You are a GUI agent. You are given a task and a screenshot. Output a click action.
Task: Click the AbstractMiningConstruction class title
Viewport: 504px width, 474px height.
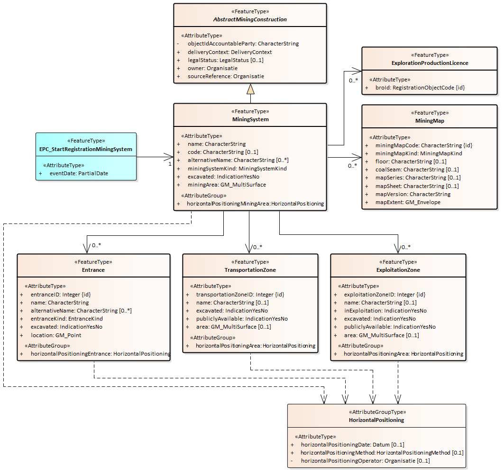250,19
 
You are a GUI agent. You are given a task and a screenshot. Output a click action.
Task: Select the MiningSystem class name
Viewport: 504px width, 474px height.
250,119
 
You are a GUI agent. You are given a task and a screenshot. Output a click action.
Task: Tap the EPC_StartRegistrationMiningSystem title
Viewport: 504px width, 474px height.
86,149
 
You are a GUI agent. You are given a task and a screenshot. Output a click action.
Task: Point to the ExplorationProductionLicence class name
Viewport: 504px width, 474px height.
430,63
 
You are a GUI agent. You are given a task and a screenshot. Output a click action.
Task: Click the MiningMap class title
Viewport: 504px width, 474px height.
430,121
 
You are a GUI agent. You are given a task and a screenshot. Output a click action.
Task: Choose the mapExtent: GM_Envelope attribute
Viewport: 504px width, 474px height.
408,202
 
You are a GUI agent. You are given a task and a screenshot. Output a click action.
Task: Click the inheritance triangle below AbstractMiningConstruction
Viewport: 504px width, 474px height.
250,89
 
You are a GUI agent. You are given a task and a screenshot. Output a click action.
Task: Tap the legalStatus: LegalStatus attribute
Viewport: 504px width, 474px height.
225,60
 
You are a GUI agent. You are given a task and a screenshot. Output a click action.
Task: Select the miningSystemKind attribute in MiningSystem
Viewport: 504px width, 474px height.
237,169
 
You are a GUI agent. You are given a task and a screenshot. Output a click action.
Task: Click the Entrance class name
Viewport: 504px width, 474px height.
93,270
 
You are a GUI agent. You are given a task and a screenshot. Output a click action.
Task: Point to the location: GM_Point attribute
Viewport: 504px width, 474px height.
56,335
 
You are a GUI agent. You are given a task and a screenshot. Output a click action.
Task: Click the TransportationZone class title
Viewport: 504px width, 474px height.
250,270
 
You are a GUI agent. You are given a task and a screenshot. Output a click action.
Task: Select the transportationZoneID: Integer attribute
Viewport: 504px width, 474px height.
240,295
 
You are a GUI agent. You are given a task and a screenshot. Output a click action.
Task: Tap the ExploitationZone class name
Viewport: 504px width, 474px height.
398,270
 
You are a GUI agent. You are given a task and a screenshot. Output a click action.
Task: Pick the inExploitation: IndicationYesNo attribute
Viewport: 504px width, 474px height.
385,311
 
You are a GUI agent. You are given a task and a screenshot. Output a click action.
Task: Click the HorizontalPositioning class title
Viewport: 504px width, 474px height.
376,420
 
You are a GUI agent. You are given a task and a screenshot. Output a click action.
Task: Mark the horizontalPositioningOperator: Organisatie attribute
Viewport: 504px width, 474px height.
365,461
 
